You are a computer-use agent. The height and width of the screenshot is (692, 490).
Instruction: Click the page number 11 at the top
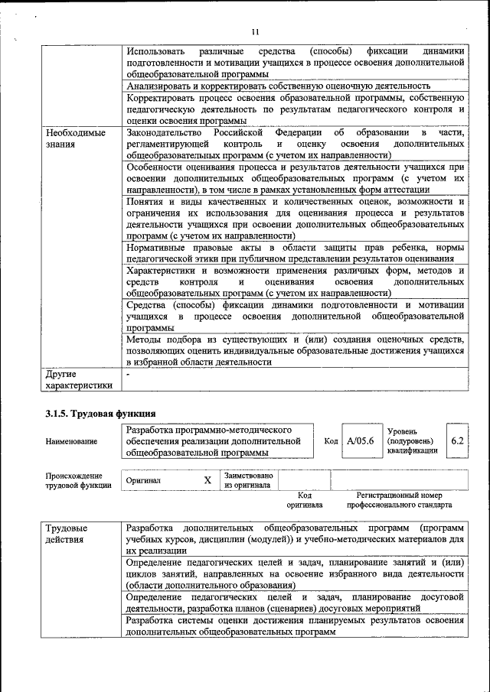256,31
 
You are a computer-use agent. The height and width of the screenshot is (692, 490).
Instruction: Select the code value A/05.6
360,441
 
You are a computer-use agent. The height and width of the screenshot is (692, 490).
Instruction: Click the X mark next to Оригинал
207,480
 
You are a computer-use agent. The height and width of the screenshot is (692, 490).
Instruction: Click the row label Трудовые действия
66,534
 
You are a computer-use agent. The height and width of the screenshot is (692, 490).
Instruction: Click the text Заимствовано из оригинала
248,479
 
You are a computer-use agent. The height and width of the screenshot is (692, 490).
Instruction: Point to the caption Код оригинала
304,500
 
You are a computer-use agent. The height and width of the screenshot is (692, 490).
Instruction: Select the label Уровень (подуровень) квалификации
413,441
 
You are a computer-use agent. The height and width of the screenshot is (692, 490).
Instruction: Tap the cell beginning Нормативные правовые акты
295,254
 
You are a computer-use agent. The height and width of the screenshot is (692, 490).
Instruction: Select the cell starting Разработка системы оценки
295,626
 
